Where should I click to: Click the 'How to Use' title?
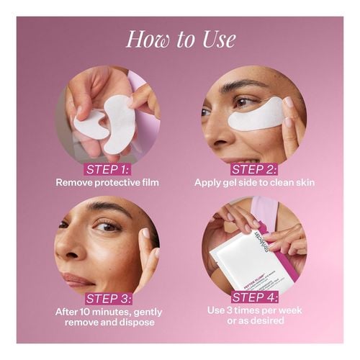180,39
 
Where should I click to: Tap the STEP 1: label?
107,168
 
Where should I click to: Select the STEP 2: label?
253,168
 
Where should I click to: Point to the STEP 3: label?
107,298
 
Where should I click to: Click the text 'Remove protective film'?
107,182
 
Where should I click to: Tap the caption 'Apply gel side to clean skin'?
254,182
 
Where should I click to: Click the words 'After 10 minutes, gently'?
107,312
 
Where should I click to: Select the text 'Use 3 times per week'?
254,310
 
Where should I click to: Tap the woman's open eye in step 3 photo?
107,227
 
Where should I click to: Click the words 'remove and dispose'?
107,323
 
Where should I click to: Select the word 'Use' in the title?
218,39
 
